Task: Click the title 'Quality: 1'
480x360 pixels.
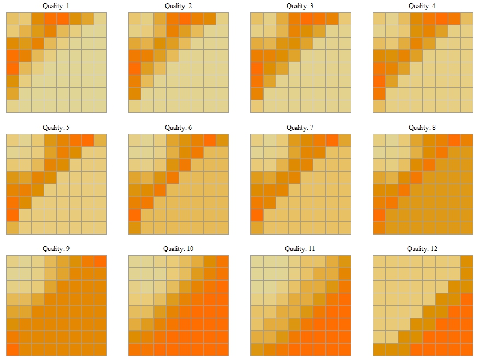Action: coord(56,6)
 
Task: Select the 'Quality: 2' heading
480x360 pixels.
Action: coord(178,6)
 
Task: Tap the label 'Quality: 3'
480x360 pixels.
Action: coord(300,6)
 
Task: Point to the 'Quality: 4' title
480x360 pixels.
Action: coord(422,6)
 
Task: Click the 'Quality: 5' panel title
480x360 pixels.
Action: coord(56,128)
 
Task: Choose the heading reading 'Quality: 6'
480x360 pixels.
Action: coord(178,128)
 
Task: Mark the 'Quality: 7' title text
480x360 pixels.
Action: coord(300,128)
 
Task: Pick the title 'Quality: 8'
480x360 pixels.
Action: coord(422,128)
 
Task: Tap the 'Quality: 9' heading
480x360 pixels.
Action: coord(56,249)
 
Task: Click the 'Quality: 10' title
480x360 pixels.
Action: coord(178,249)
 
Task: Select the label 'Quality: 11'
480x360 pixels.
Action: coord(300,249)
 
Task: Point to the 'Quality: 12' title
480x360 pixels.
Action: coord(422,249)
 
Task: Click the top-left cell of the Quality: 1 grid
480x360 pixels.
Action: coord(13,19)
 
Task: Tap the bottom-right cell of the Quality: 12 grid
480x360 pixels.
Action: coord(466,350)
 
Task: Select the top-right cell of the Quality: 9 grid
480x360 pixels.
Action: coord(100,261)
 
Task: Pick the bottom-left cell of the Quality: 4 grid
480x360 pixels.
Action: coord(379,106)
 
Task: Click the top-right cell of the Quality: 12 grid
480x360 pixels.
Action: coord(466,261)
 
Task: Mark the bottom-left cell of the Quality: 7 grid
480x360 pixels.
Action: coord(257,228)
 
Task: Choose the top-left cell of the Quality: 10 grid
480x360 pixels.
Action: coord(135,261)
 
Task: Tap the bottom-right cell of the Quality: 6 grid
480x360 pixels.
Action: coord(222,228)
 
